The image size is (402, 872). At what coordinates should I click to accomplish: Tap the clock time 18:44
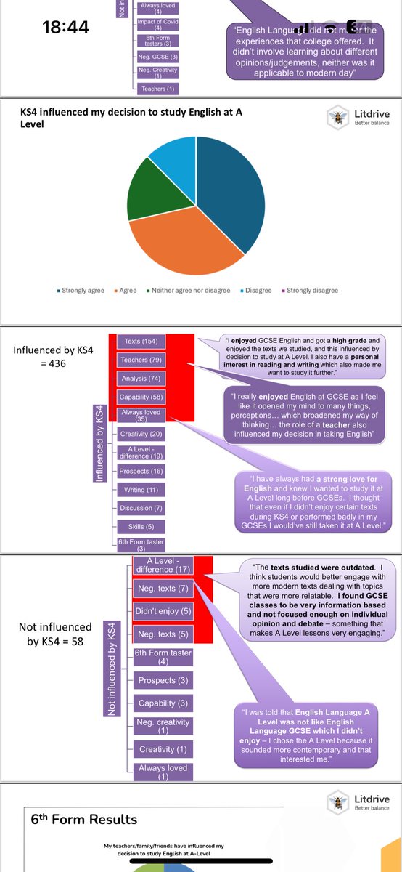(x=66, y=28)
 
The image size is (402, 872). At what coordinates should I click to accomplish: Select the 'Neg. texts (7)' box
(x=163, y=587)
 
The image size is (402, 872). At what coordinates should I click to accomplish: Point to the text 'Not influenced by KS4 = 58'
(x=56, y=634)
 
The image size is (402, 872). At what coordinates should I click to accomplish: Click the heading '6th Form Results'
(x=83, y=819)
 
